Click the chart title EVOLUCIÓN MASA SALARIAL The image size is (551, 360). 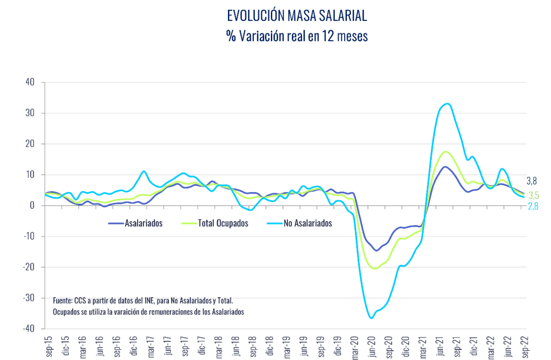pos(297,16)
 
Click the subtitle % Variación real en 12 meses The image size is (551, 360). pos(297,36)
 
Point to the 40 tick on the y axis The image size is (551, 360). pos(30,82)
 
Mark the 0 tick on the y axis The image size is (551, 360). pos(32,205)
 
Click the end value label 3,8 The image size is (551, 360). pos(531,180)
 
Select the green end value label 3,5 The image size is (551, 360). pos(534,196)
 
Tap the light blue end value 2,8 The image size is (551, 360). pos(534,207)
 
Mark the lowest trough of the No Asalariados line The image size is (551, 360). pos(371,318)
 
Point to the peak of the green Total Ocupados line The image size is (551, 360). pos(445,152)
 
